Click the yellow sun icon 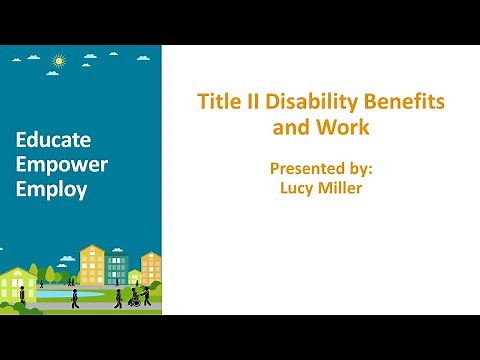58,61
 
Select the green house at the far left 17,285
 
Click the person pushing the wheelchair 146,295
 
